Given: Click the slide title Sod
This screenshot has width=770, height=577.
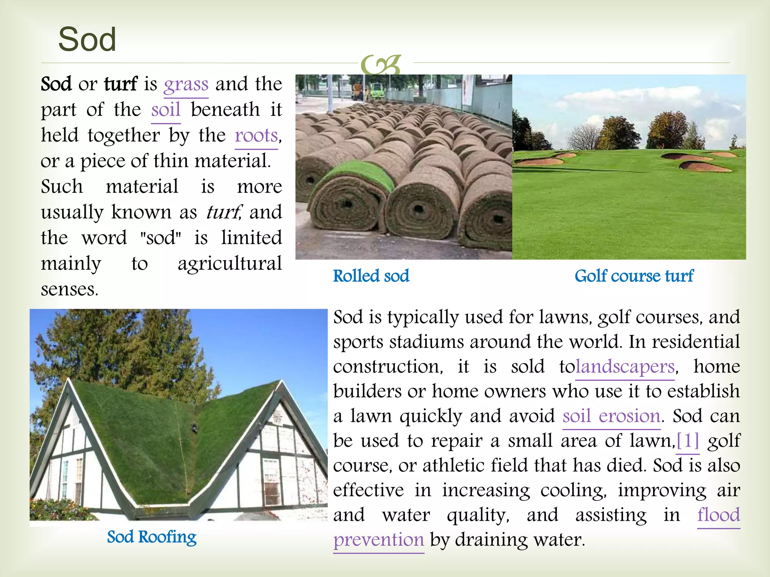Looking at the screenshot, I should click(87, 39).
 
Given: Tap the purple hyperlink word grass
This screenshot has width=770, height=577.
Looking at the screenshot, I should click(186, 84).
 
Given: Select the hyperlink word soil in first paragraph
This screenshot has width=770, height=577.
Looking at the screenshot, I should click(166, 110).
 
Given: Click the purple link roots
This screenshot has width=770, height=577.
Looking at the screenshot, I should click(256, 135).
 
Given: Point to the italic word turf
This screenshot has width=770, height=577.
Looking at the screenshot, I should click(224, 212).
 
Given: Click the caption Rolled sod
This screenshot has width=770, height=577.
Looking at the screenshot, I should click(371, 276).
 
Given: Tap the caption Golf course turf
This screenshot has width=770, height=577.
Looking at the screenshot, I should click(634, 276).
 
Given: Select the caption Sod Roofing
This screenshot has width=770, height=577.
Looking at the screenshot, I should click(152, 537).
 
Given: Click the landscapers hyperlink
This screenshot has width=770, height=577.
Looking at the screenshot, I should click(625, 367).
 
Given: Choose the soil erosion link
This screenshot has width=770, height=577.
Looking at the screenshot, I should click(611, 416).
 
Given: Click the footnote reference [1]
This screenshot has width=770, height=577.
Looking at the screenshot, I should click(688, 441).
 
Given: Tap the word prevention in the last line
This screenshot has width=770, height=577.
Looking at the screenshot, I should click(379, 540).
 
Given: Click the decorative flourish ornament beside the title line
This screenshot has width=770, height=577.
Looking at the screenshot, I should click(380, 65).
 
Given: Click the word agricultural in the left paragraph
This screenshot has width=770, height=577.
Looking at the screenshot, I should click(230, 263).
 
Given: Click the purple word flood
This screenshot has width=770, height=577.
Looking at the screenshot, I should click(718, 515).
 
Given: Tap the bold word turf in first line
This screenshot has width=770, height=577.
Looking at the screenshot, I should click(121, 84).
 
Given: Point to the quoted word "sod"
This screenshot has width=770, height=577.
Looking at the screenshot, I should click(161, 238).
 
